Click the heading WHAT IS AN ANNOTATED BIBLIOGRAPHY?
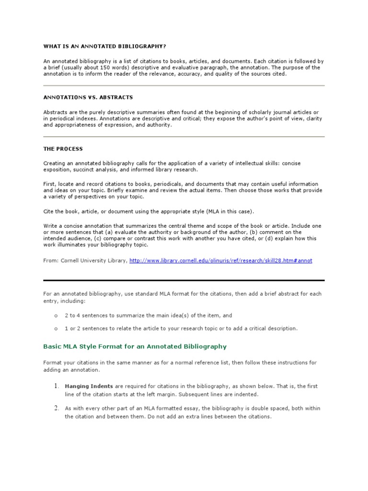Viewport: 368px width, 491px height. coord(104,46)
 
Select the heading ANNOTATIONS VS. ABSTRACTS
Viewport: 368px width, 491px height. coord(88,97)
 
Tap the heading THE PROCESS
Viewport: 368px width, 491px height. coord(63,149)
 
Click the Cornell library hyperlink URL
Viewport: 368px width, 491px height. coord(220,260)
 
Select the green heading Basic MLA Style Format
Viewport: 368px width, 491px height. coord(135,346)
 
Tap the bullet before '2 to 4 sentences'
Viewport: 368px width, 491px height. coord(56,316)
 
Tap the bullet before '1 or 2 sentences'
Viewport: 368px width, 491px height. coord(56,328)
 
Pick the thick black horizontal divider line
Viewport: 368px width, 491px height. coord(184,280)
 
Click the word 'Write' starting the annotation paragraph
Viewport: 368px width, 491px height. coord(50,226)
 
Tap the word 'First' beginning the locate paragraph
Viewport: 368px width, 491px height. coord(49,184)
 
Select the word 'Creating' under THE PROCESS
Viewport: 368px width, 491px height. coord(55,163)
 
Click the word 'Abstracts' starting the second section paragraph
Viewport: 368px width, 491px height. coord(56,112)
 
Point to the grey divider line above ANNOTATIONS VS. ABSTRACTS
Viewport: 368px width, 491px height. coord(184,85)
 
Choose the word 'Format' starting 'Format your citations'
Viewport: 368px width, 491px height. coord(53,362)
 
